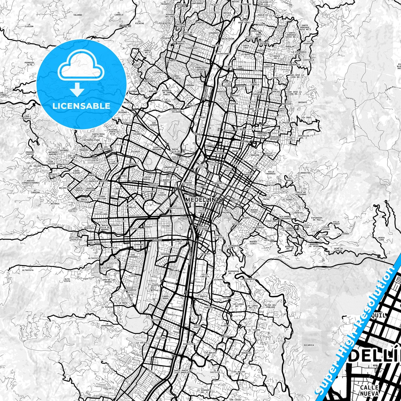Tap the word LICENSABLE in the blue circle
pyautogui.click(x=81, y=106)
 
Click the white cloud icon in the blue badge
pyautogui.click(x=81, y=68)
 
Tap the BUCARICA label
pyautogui.click(x=309, y=345)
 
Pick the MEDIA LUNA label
pyautogui.click(x=382, y=239)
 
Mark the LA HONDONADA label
pyautogui.click(x=107, y=325)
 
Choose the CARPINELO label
pyautogui.click(x=308, y=60)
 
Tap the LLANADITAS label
pyautogui.click(x=304, y=173)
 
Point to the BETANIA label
pyautogui.click(x=55, y=204)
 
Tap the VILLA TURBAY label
pyautogui.click(x=336, y=224)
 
